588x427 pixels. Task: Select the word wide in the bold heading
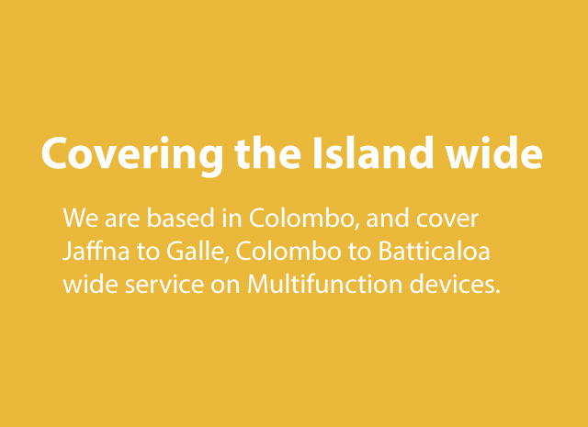point(494,152)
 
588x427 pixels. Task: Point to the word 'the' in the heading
point(267,152)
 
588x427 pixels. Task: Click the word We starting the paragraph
point(81,218)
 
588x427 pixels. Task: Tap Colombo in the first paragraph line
point(301,219)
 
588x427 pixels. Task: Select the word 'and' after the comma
point(387,218)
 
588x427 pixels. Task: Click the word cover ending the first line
point(447,219)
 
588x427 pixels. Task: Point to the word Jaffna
point(96,252)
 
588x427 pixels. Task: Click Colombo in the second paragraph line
point(288,252)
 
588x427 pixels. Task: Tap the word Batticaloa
point(435,252)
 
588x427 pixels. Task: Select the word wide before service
point(90,285)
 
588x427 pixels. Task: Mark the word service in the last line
point(164,285)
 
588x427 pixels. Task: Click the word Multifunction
point(324,285)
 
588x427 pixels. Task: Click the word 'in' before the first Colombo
point(232,218)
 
